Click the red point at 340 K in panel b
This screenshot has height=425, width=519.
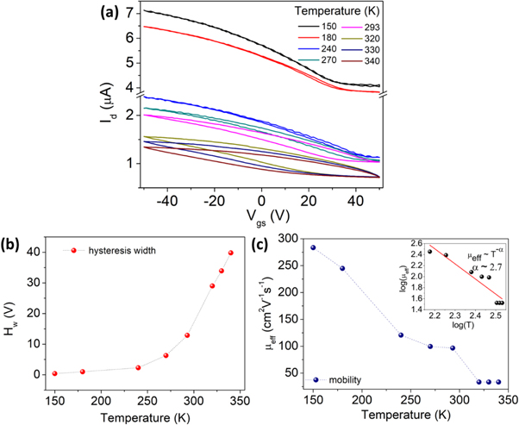[230, 253]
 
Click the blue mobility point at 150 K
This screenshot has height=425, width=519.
[313, 247]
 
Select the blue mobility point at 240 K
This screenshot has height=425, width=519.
[401, 334]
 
